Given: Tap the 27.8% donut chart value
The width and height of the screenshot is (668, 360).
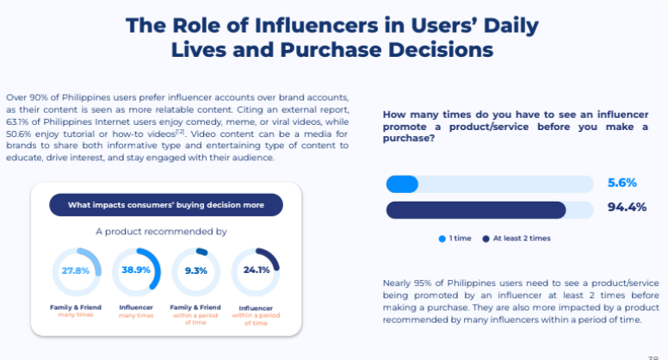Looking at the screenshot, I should pos(76,270).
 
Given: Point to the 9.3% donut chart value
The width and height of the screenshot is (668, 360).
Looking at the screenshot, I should pos(195,270).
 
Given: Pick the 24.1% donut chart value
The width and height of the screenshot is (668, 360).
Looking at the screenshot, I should pos(256,270).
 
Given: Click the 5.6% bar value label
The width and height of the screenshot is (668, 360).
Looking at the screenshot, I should pos(622,183).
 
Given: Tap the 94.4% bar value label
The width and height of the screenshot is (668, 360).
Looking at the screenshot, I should pos(626,207).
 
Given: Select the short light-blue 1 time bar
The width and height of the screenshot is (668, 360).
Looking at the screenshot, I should pos(402,183).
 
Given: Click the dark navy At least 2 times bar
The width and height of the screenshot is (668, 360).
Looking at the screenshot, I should pos(475,209).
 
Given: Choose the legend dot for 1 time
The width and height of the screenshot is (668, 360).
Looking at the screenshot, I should pos(442,238).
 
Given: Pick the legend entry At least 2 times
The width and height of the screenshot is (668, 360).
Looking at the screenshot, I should pos(522,238).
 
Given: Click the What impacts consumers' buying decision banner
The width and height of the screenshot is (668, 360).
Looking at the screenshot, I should pos(165,205).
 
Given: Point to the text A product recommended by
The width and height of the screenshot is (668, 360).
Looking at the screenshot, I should pos(161,232).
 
